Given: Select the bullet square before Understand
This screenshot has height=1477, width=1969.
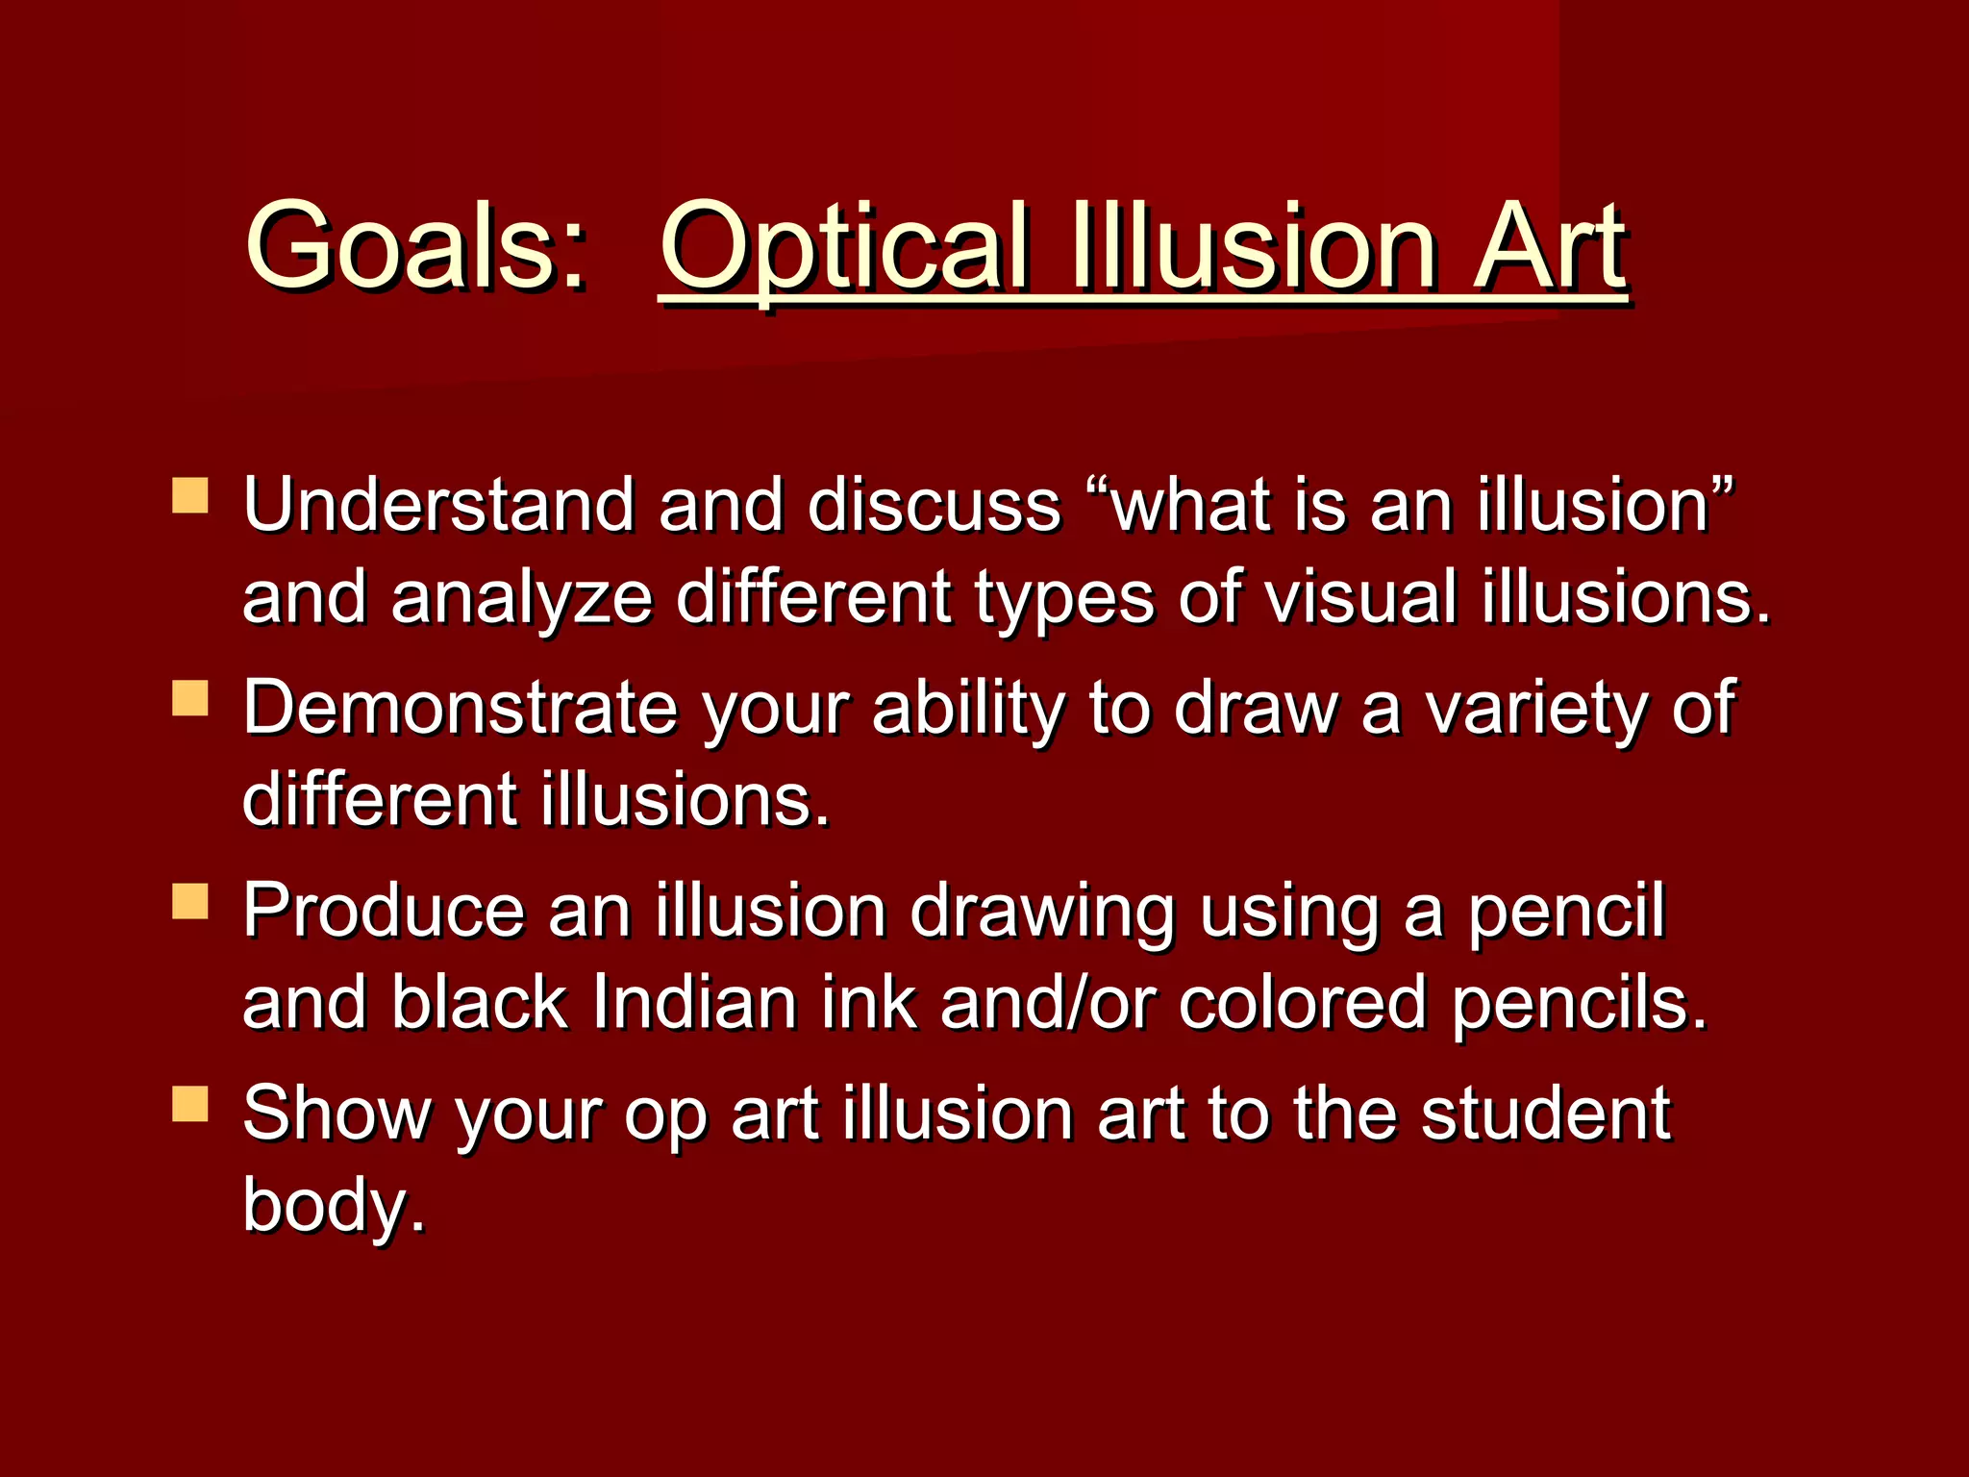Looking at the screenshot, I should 190,496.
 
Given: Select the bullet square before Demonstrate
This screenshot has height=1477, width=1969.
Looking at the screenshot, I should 190,698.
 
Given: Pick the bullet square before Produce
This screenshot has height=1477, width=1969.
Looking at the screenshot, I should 190,902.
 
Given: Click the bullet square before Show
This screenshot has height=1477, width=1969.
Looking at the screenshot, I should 190,1105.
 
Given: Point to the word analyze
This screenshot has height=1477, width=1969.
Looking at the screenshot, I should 523,597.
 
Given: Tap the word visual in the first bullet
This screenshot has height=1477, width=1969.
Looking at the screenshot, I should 1360,597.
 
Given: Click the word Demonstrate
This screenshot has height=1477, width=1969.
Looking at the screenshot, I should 460,708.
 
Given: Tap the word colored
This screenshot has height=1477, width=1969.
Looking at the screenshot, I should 1303,1002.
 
